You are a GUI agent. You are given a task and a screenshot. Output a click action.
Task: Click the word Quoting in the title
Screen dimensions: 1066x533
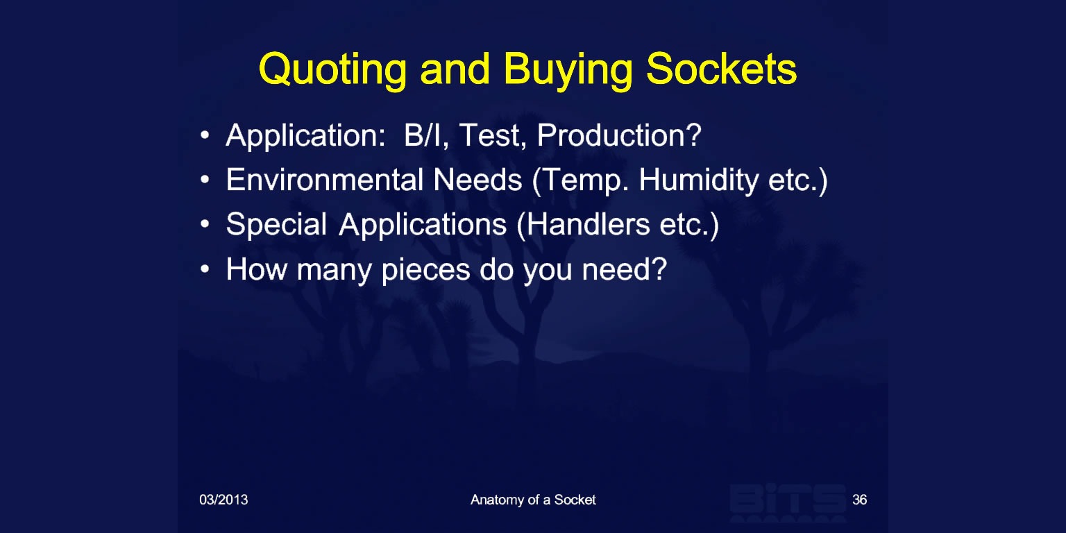(x=332, y=70)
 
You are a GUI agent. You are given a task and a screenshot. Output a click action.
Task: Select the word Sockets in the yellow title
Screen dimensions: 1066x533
(x=722, y=69)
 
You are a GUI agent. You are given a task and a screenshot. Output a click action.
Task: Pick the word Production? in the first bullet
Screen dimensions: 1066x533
(x=619, y=136)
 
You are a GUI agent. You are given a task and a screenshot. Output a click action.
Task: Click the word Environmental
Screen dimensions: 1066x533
(x=325, y=180)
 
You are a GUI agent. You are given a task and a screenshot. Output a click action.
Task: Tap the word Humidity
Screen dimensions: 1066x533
(x=699, y=181)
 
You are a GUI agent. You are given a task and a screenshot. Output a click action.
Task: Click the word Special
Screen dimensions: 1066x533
(x=276, y=226)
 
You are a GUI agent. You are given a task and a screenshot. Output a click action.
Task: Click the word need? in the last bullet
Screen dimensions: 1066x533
(x=625, y=269)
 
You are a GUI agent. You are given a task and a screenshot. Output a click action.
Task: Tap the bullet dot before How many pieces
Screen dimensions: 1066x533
(x=205, y=269)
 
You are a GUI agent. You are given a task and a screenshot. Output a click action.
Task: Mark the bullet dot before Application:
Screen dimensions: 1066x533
(x=205, y=135)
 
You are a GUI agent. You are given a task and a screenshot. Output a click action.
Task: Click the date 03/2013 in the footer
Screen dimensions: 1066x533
(x=223, y=500)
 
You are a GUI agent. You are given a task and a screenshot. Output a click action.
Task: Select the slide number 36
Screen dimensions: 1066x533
(x=859, y=500)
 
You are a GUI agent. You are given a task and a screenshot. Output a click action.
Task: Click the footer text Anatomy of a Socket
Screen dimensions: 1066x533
(x=533, y=500)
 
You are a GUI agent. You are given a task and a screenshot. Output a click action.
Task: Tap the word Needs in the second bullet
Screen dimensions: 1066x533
(x=477, y=180)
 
